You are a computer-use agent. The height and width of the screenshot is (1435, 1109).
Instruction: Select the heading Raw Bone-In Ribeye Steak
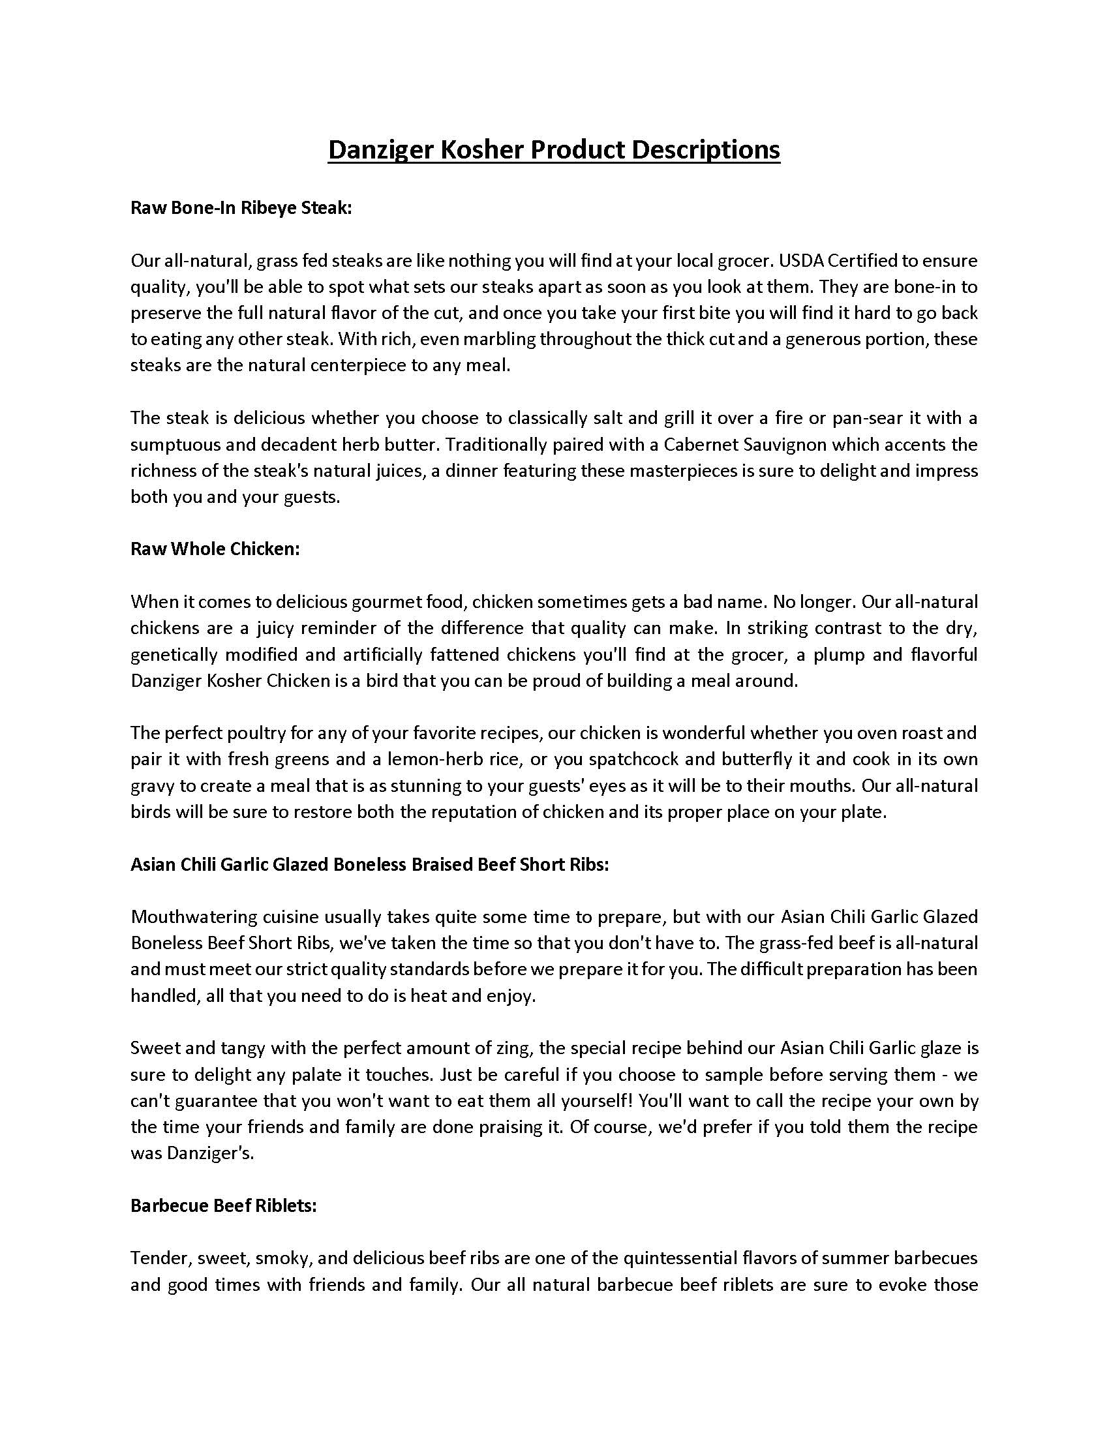241,208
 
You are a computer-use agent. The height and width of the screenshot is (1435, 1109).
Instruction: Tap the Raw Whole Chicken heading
215,549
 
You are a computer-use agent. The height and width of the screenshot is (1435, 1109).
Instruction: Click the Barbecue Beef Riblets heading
223,1205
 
